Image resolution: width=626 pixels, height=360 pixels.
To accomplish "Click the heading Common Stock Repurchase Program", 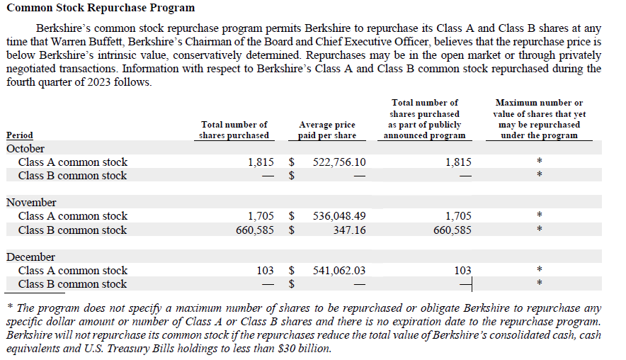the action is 101,8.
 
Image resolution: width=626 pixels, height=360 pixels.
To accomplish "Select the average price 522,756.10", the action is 339,162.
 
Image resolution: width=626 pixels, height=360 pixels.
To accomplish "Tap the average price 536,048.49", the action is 339,216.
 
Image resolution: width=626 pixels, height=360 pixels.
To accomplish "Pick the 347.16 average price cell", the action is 349,230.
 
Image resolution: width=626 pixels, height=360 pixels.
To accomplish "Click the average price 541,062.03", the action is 339,271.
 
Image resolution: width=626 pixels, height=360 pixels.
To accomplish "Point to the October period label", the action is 25,149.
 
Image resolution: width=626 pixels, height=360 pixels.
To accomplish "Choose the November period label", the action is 31,203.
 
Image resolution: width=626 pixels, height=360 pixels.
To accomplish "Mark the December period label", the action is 30,257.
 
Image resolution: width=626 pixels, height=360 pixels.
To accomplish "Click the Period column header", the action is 20,135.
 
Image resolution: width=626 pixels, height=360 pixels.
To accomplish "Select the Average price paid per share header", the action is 327,130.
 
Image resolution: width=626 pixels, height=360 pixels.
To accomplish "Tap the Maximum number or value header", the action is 539,119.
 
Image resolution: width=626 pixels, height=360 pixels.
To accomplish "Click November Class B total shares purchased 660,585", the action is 255,230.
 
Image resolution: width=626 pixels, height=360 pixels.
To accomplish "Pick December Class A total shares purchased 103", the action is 265,271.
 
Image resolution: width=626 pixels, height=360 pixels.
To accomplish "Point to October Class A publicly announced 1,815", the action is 458,162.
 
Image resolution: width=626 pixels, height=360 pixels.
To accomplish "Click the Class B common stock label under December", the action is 72,284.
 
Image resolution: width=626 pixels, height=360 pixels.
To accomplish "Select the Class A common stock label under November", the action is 73,216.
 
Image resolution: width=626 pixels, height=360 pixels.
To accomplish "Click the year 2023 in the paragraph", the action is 98,82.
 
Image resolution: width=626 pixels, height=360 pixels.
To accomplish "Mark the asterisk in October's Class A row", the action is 540,161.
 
